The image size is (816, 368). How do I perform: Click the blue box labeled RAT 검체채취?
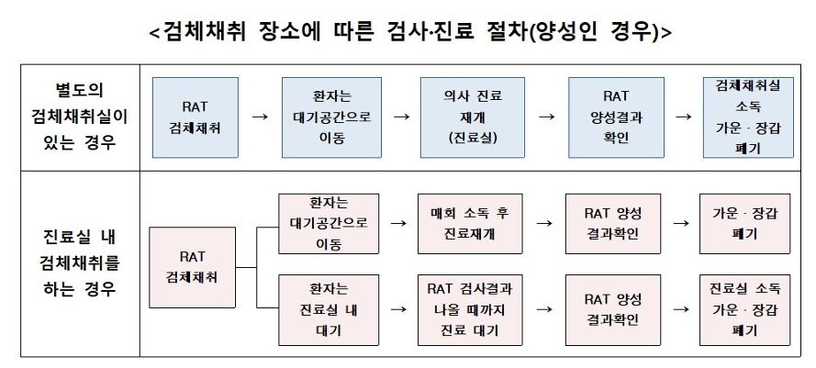point(196,117)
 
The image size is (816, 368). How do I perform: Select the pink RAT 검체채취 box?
point(192,267)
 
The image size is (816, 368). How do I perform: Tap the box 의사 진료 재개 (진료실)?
point(473,117)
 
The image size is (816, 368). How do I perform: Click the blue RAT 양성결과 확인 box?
point(616,117)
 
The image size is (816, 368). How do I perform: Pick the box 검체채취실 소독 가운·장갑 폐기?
point(748,117)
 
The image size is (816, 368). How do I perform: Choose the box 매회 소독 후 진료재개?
point(470,224)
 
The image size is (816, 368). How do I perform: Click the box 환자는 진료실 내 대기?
point(329,310)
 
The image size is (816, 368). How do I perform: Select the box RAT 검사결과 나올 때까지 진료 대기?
point(470,310)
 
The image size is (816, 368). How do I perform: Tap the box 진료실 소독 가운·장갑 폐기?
point(744,310)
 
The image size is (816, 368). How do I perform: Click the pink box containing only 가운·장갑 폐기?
point(744,224)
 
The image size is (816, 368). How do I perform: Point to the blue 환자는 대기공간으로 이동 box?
point(331,117)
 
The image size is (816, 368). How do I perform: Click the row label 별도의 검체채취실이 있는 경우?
point(80,117)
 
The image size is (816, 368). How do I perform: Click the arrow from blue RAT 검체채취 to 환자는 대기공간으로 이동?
point(260,117)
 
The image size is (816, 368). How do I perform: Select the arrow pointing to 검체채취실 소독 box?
point(683,117)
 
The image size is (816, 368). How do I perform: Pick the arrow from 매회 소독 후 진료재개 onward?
point(543,223)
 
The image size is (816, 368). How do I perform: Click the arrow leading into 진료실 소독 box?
point(681,309)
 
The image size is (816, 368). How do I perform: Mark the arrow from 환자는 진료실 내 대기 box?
point(398,309)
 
